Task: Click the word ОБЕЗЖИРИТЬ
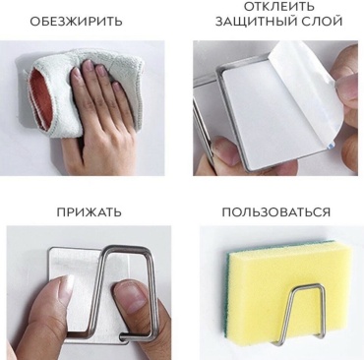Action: pos(76,22)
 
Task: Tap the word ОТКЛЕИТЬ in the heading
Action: pos(279,6)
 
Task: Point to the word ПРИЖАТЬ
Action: pos(89,212)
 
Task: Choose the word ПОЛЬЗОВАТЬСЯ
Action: pos(276,212)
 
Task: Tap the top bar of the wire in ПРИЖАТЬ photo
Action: pos(128,248)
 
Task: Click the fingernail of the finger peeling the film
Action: pos(345,86)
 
